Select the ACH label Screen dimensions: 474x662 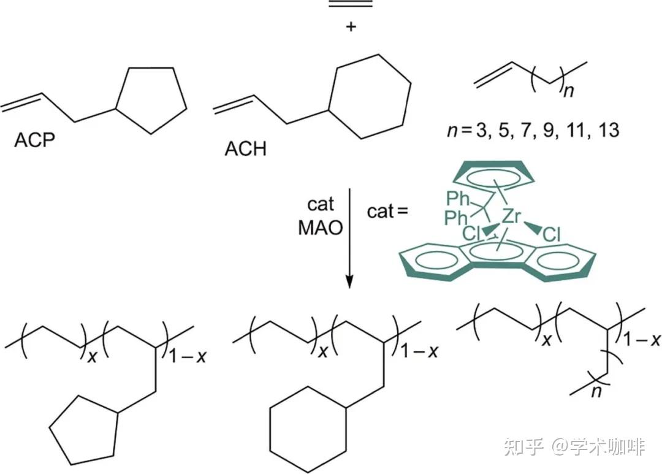[245, 148]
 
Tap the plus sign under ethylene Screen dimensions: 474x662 [350, 28]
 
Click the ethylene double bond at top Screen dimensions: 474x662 [350, 4]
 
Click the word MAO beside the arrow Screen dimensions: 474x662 [320, 228]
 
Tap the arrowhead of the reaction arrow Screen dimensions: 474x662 [349, 281]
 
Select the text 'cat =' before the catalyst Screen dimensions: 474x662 [387, 212]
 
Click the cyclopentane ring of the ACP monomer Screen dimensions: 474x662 [152, 98]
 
